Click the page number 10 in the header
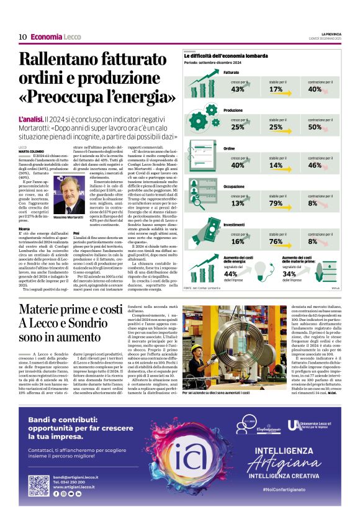(x=22, y=37)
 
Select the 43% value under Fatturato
(x=237, y=89)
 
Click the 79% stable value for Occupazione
(x=276, y=203)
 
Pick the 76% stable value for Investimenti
(x=276, y=241)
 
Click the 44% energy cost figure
(x=230, y=274)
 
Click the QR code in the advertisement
(x=38, y=485)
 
